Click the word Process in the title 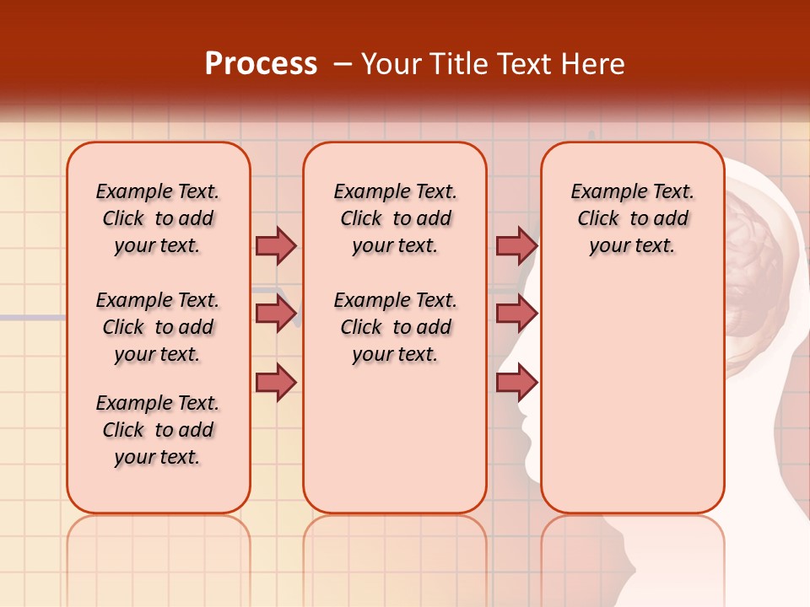pyautogui.click(x=261, y=64)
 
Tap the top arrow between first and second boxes pyautogui.click(x=276, y=245)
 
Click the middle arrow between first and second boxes pyautogui.click(x=276, y=314)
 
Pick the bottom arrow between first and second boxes pyautogui.click(x=276, y=382)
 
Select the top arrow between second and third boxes pyautogui.click(x=516, y=245)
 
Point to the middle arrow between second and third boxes pyautogui.click(x=516, y=314)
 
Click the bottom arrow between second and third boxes pyautogui.click(x=516, y=382)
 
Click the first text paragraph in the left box pyautogui.click(x=158, y=218)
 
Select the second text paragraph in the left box pyautogui.click(x=158, y=327)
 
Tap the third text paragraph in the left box pyautogui.click(x=158, y=430)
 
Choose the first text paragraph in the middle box pyautogui.click(x=395, y=218)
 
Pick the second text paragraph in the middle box pyautogui.click(x=395, y=327)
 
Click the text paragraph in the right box pyautogui.click(x=632, y=218)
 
